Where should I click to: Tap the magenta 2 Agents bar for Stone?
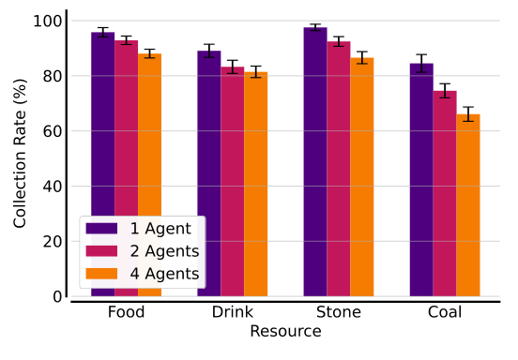pos(339,169)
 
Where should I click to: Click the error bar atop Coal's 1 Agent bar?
pos(421,64)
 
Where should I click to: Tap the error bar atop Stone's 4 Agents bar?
pos(362,58)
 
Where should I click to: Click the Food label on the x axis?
pos(126,312)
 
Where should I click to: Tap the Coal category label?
pos(444,312)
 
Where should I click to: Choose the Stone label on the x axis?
pos(338,312)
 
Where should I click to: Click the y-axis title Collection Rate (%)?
pos(20,158)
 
